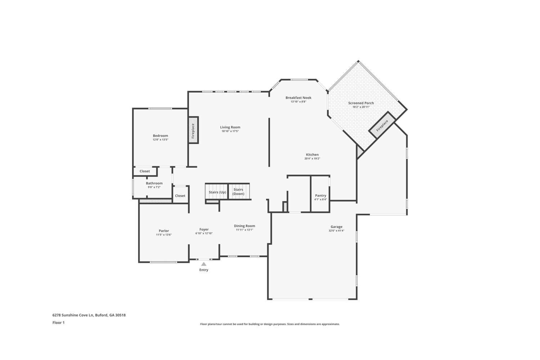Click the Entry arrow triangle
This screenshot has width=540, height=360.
204,264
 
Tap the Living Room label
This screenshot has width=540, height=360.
230,127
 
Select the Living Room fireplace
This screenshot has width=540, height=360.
193,130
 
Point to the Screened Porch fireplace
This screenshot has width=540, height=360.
382,125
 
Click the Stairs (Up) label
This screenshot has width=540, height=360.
217,192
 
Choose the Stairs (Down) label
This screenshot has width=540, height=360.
238,192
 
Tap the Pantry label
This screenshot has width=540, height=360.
320,195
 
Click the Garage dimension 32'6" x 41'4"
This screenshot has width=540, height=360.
336,230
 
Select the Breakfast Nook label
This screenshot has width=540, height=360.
298,98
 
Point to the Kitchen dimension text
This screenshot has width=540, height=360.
312,158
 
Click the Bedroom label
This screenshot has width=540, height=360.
160,136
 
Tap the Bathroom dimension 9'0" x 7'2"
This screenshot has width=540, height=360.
154,187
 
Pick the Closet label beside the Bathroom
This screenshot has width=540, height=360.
180,196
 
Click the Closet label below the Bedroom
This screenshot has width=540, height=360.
145,171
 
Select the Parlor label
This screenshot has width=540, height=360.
164,231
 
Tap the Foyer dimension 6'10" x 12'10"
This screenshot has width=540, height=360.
204,233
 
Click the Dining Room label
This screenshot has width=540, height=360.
244,226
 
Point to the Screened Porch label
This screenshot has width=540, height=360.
361,103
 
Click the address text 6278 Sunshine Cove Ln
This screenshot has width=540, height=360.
73,315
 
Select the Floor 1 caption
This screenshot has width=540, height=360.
59,323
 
